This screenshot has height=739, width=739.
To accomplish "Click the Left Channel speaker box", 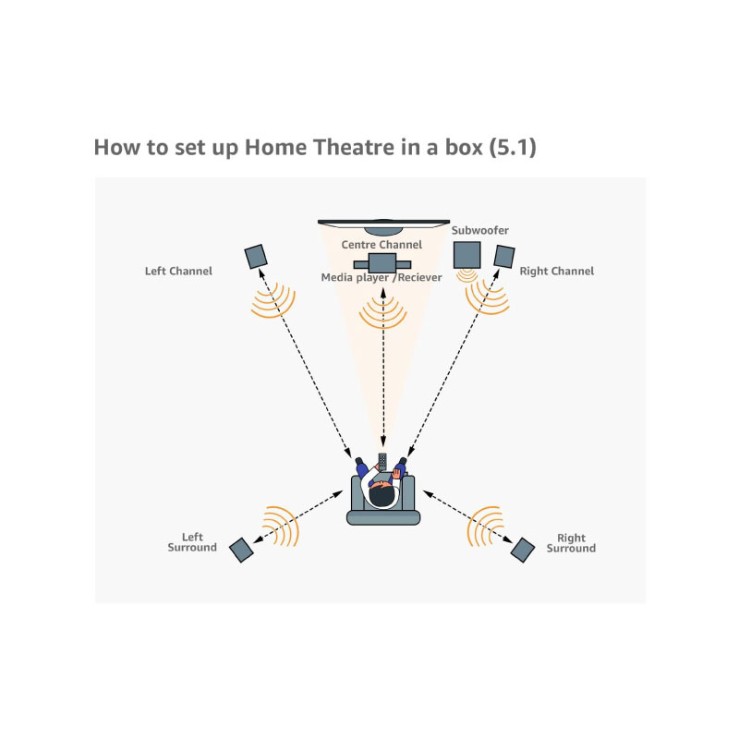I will pyautogui.click(x=256, y=256).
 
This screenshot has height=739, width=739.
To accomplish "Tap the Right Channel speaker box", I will pyautogui.click(x=503, y=256).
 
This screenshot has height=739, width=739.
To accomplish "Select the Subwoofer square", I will pyautogui.click(x=466, y=255).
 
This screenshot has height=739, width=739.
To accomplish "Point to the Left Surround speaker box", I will pyautogui.click(x=241, y=550).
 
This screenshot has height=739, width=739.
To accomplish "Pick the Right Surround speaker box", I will pyautogui.click(x=522, y=550).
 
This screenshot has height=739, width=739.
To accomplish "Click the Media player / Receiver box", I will pyautogui.click(x=382, y=261).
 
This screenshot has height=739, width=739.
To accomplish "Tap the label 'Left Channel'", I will pyautogui.click(x=178, y=272).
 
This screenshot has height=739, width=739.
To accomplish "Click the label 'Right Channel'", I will pyautogui.click(x=556, y=272).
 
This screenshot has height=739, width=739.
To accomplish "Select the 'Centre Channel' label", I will pyautogui.click(x=382, y=245).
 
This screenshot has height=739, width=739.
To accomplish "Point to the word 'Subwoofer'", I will pyautogui.click(x=480, y=230).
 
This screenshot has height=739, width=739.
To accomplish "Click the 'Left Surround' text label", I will pyautogui.click(x=192, y=542).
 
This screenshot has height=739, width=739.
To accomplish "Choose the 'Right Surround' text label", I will pyautogui.click(x=571, y=543).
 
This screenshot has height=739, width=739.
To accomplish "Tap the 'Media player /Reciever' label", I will pyautogui.click(x=382, y=277).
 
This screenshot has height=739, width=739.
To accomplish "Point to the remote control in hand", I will pyautogui.click(x=382, y=460).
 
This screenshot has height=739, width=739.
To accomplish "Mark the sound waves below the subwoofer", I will pyautogui.click(x=467, y=274).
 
